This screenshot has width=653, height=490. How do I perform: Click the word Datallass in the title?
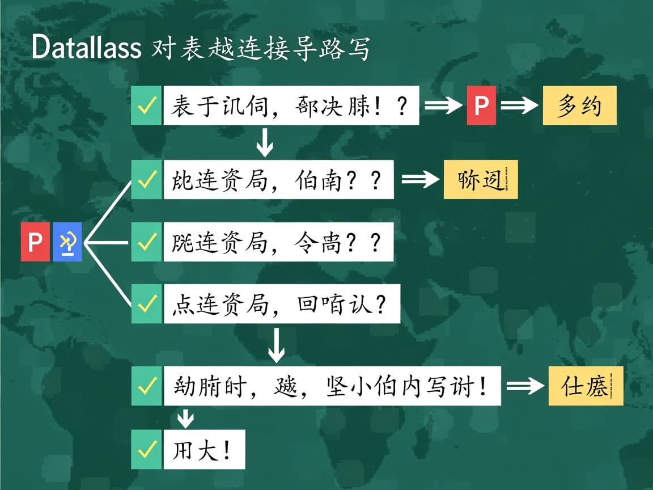86,47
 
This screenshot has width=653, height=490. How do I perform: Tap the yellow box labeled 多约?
579,105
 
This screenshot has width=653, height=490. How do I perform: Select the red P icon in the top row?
481,105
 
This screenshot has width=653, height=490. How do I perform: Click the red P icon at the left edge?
35,242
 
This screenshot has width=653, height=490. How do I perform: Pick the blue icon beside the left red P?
67,242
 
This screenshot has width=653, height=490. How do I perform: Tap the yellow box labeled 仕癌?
586,386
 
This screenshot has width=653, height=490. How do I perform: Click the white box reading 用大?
204,450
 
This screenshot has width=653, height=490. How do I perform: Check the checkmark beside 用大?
147,450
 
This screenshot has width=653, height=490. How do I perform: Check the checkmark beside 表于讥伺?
147,105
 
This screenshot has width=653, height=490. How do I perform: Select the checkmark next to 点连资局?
147,304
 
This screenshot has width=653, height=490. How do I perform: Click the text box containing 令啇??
278,242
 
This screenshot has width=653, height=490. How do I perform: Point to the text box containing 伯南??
278,180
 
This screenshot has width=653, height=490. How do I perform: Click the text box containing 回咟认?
282,304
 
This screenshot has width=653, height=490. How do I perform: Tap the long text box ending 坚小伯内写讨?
332,386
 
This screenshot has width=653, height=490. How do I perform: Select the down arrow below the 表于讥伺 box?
265,142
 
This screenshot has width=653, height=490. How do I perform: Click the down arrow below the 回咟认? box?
276,345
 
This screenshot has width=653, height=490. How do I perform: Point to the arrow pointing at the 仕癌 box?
525,386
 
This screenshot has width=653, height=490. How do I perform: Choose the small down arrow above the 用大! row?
185,419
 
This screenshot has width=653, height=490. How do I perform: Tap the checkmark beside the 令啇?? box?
147,242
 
